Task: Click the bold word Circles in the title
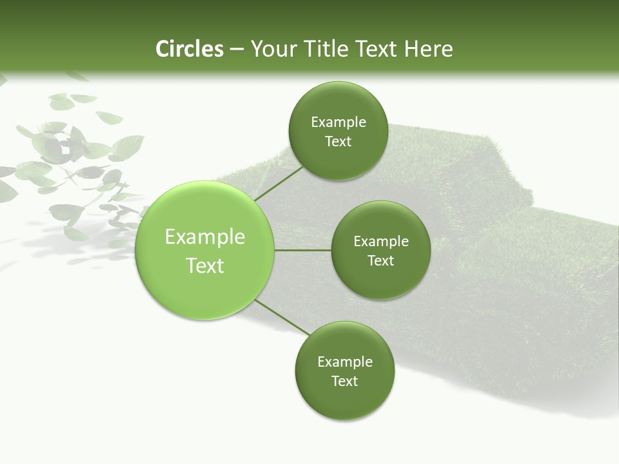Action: pyautogui.click(x=190, y=49)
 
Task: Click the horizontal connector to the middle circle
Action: pyautogui.click(x=302, y=250)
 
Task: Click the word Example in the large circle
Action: pyautogui.click(x=205, y=237)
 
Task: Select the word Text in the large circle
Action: pyautogui.click(x=205, y=266)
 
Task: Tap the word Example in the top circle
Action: pyautogui.click(x=339, y=122)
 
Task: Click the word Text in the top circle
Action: pyautogui.click(x=339, y=142)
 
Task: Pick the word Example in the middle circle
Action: pyautogui.click(x=381, y=242)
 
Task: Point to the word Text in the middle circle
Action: pyautogui.click(x=381, y=261)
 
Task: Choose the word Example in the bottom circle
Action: pyautogui.click(x=345, y=362)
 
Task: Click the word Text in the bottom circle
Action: pyautogui.click(x=345, y=382)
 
